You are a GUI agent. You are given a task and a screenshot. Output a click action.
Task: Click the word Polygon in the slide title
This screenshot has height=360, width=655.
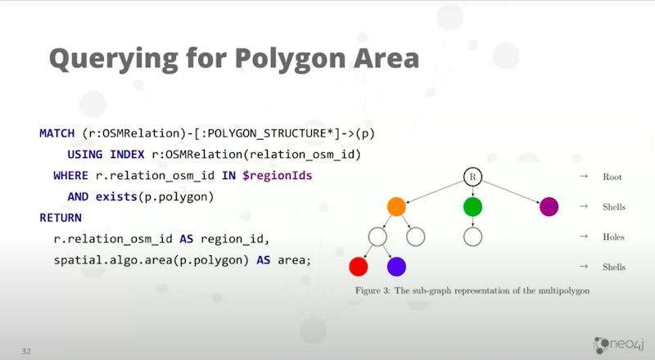290,59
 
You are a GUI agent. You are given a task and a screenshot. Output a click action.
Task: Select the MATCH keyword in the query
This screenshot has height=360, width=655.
56,133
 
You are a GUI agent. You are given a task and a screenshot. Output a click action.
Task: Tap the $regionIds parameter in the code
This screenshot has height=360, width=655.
277,176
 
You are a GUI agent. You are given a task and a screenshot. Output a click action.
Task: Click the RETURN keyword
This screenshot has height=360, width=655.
61,218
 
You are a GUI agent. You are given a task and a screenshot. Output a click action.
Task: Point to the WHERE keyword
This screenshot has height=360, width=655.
70,175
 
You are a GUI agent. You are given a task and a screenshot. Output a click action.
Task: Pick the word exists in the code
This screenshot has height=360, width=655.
116,196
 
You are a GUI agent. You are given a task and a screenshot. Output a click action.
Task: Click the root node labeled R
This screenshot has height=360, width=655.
472,177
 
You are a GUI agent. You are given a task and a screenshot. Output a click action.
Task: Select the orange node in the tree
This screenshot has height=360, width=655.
396,207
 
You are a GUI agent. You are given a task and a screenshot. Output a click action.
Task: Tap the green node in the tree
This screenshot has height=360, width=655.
472,207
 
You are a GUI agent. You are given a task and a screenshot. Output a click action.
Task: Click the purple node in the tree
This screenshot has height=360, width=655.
549,207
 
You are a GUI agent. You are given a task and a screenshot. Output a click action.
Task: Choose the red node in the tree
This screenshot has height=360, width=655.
359,267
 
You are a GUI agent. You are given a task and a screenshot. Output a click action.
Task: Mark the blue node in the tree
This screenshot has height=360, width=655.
396,267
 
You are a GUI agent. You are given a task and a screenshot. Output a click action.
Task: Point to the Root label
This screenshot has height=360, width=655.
612,177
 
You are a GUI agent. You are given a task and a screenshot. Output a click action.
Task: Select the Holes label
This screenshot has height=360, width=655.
613,236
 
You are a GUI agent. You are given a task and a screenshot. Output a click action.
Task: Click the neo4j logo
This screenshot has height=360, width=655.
619,344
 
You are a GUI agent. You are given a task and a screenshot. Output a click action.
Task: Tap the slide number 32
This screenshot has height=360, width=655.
26,351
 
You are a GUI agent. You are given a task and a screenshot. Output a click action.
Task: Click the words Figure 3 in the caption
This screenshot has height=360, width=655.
373,290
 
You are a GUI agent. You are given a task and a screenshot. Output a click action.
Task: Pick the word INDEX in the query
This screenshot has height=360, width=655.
127,155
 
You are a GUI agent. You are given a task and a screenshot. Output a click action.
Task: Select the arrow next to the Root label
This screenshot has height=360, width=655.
584,177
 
